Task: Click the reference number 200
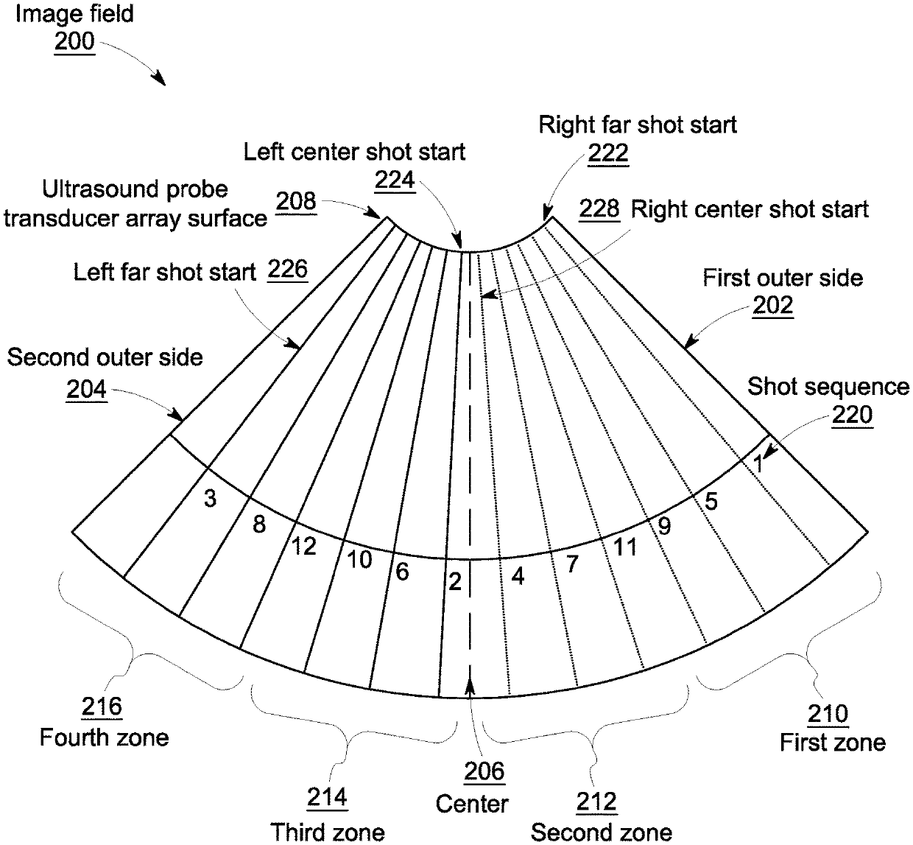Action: click(74, 41)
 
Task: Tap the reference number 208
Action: click(296, 201)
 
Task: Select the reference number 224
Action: click(395, 179)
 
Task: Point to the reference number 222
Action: click(608, 152)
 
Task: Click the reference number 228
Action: click(599, 208)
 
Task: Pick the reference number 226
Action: click(287, 270)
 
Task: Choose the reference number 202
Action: click(772, 305)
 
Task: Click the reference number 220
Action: click(853, 415)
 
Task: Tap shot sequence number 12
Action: click(303, 546)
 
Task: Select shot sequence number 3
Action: click(211, 499)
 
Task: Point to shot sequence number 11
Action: click(625, 547)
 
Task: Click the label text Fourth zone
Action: click(104, 737)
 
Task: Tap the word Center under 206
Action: click(472, 803)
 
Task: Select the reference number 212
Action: click(596, 801)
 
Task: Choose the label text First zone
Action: click(833, 742)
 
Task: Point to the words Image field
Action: click(74, 14)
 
